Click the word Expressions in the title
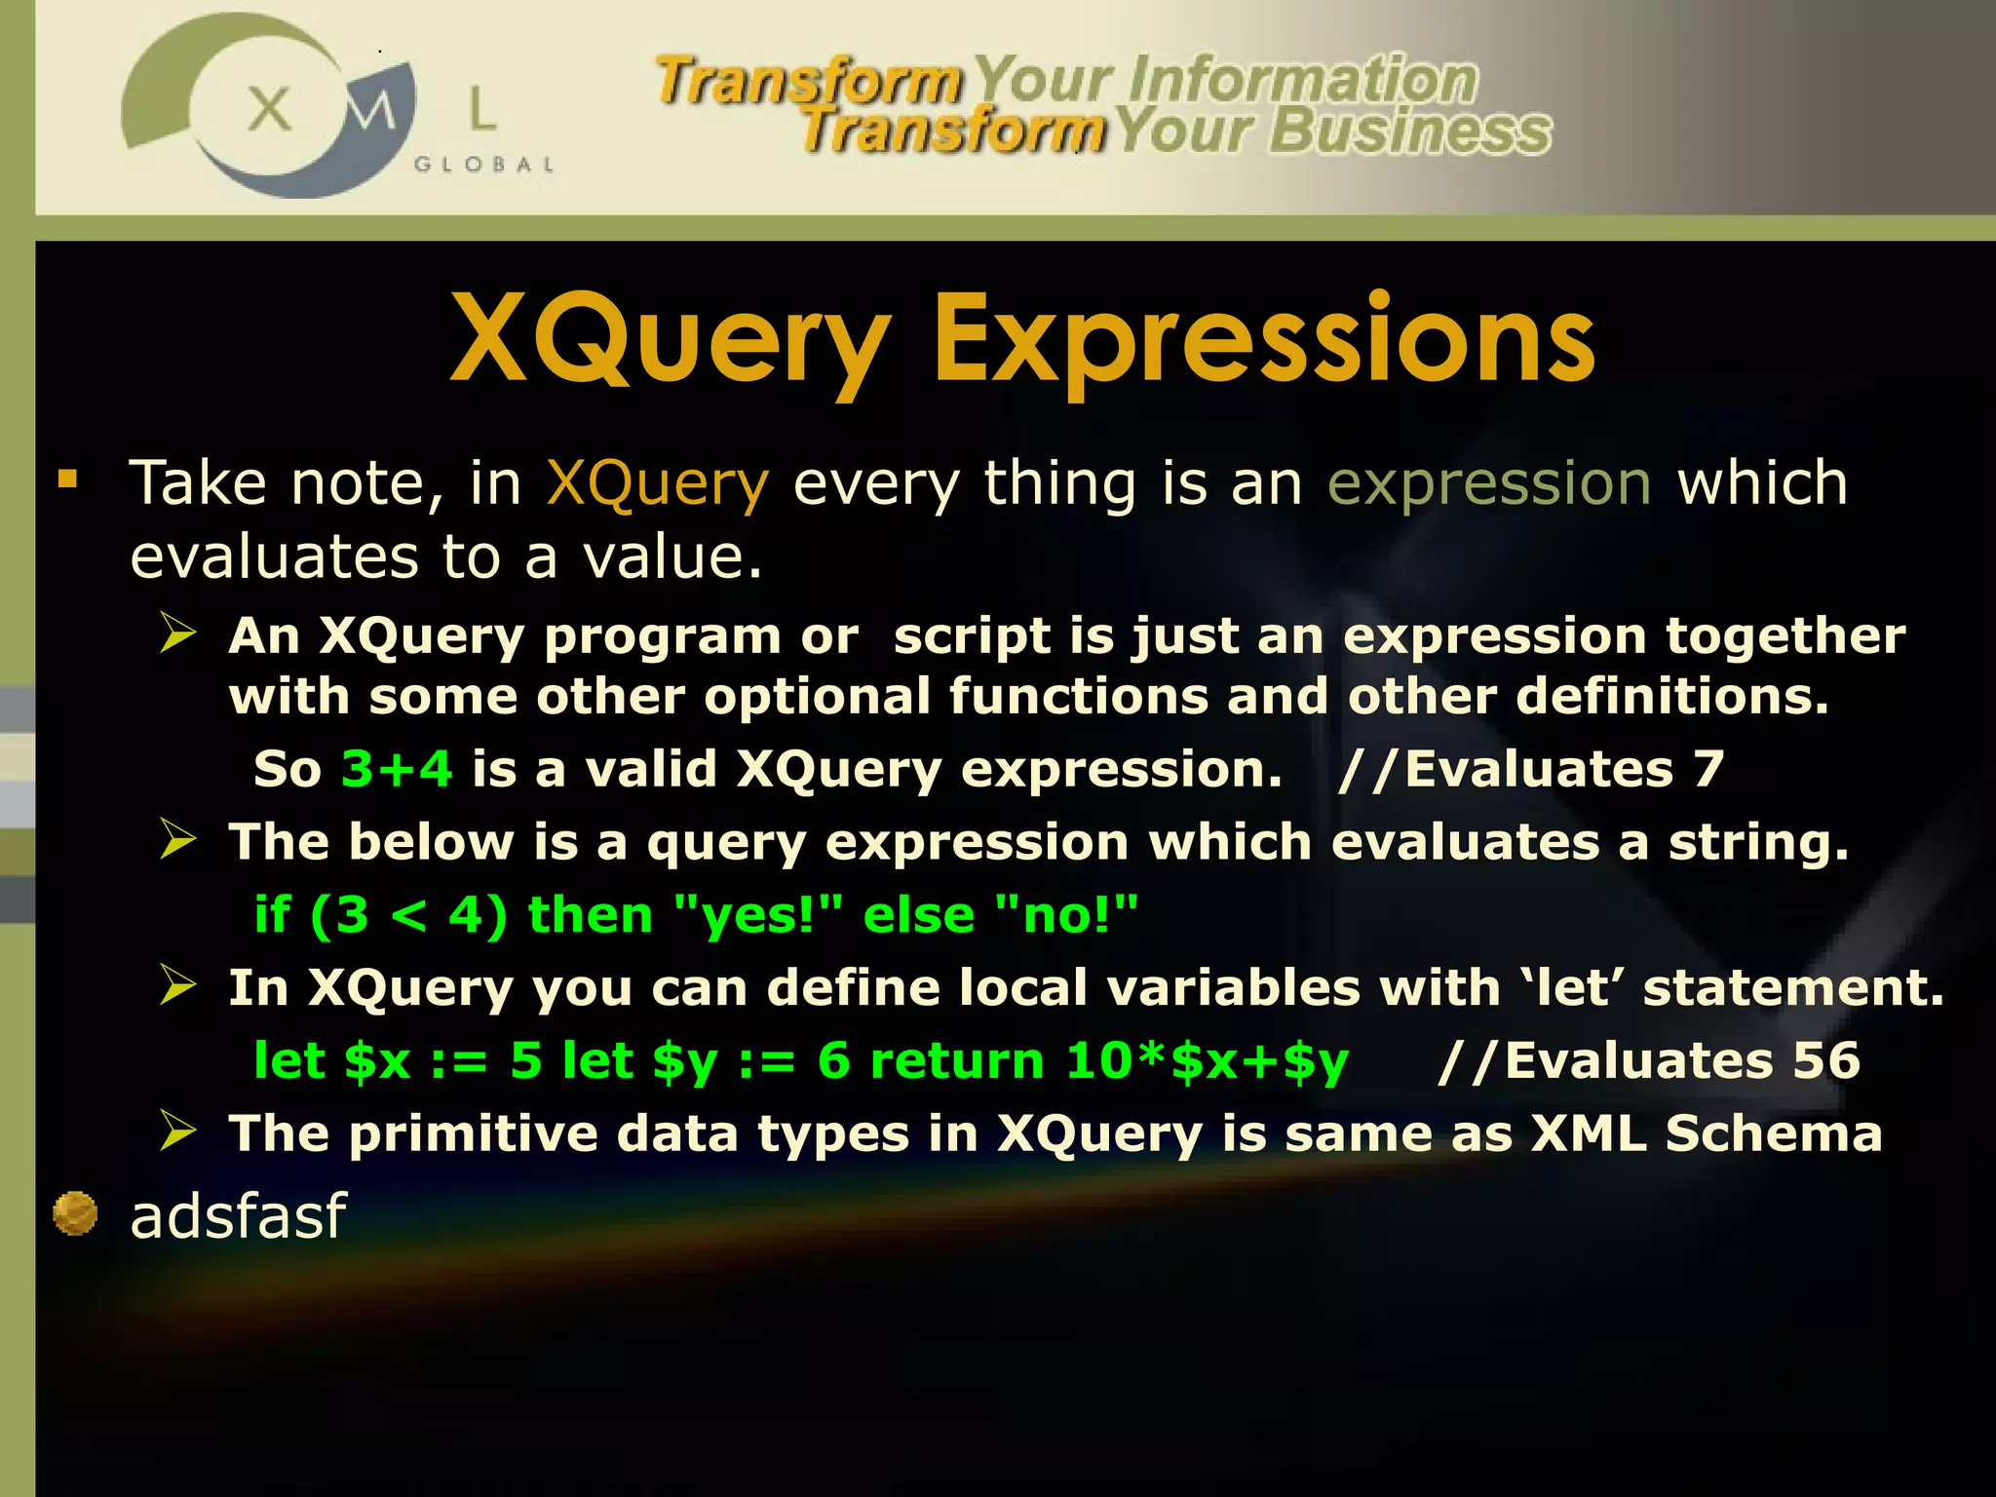(x=1264, y=341)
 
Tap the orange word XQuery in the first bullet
(x=658, y=484)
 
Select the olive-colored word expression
(x=1489, y=484)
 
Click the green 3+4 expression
(x=397, y=769)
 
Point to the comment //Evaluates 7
(x=1531, y=769)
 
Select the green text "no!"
(x=1066, y=915)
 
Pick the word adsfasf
(x=238, y=1216)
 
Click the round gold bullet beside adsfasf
(x=75, y=1213)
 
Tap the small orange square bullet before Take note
(x=67, y=479)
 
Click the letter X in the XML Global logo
(x=269, y=108)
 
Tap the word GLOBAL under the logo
(x=483, y=165)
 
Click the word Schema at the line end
(x=1773, y=1133)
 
